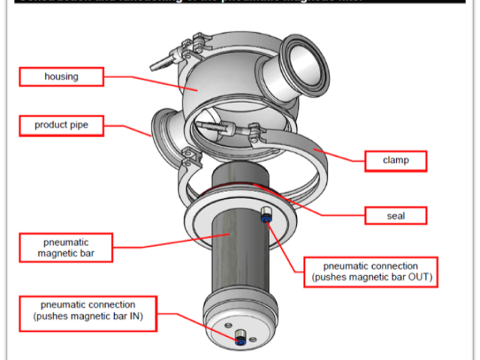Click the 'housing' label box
(x=61, y=76)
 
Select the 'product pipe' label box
(x=61, y=124)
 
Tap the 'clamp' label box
(x=395, y=160)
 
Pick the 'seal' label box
(x=395, y=216)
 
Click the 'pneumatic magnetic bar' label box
(x=65, y=247)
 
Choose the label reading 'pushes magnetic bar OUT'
(x=370, y=271)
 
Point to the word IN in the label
(x=131, y=316)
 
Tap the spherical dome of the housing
(x=210, y=90)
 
